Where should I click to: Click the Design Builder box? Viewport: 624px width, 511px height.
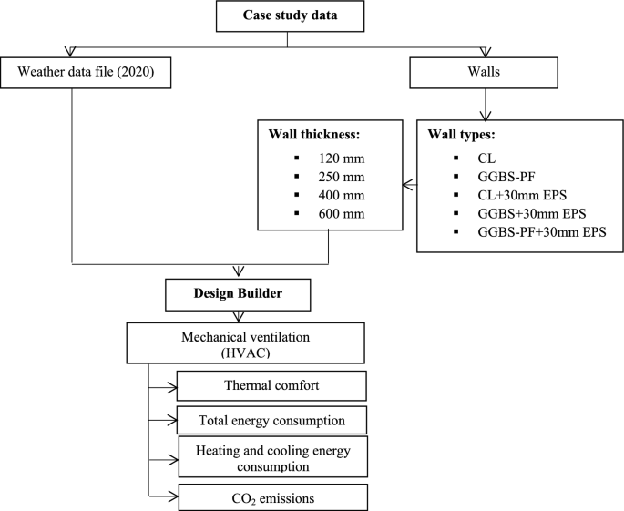pyautogui.click(x=240, y=294)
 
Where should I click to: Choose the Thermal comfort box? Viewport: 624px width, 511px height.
pyautogui.click(x=271, y=384)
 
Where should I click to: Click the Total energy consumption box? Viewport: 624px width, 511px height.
pyautogui.click(x=271, y=420)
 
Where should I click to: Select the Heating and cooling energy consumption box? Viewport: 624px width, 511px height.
pyautogui.click(x=271, y=456)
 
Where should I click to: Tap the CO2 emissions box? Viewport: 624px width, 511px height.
pyautogui.click(x=271, y=496)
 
